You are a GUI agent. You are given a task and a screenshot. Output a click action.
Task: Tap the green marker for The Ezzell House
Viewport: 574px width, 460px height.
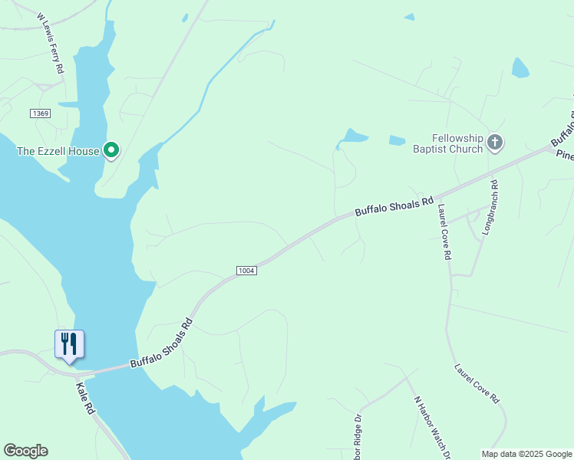[111, 150]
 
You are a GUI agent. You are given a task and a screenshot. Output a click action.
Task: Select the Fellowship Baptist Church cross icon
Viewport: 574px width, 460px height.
[495, 142]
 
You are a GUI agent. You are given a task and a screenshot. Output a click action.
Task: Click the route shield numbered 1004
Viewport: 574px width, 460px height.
[246, 271]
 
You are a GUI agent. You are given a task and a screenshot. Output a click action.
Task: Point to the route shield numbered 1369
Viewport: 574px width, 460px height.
[40, 113]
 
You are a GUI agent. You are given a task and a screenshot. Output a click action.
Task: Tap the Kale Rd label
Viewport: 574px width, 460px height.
[86, 400]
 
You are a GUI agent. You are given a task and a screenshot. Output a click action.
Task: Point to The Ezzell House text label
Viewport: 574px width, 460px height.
[58, 151]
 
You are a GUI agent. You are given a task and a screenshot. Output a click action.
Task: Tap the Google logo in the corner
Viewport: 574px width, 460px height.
[25, 451]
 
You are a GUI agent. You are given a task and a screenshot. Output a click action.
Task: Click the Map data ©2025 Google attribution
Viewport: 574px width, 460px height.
[526, 454]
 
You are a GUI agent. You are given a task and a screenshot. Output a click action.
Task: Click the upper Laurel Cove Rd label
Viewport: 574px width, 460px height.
[443, 232]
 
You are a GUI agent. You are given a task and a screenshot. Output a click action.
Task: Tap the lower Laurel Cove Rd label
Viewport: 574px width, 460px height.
[477, 383]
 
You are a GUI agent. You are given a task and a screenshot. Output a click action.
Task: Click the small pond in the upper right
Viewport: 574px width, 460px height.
[520, 67]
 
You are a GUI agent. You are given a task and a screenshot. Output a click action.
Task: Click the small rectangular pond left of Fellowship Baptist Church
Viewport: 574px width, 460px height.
[397, 140]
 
